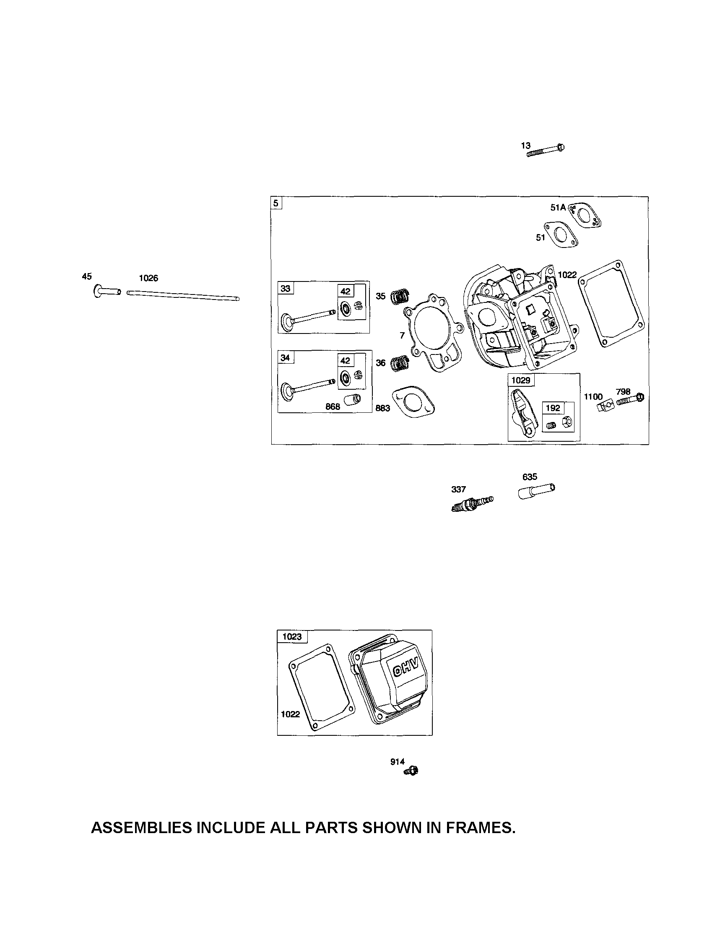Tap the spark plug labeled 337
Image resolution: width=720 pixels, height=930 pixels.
point(472,503)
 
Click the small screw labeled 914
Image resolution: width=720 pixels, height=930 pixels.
point(412,770)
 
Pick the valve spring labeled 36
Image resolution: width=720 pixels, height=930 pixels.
point(400,363)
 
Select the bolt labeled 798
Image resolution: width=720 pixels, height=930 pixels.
point(630,399)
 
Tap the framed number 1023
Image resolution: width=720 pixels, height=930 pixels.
point(292,637)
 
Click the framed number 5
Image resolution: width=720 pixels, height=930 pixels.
point(276,203)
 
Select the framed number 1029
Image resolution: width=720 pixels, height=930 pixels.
point(520,380)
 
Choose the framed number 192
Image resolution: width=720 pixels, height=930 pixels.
point(553,408)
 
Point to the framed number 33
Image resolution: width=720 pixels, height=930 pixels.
point(285,288)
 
